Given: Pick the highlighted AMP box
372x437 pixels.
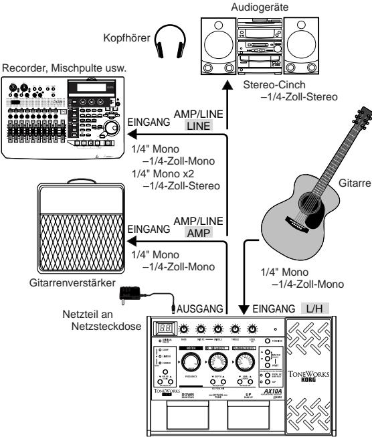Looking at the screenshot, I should [200, 232].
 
